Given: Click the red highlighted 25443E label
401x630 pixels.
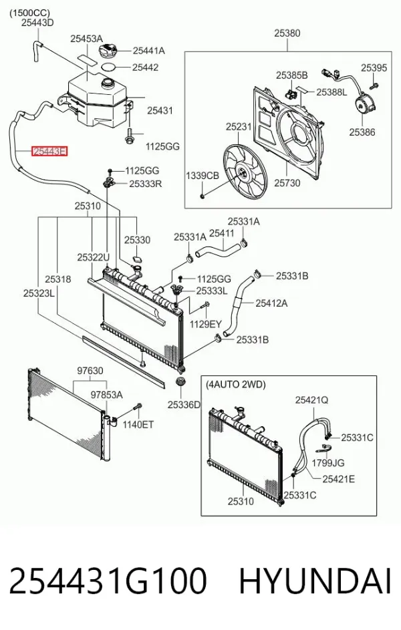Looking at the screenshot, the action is (50, 152).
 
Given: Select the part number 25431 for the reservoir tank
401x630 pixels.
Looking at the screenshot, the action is (160, 110).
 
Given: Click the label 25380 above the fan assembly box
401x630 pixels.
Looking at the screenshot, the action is (287, 33).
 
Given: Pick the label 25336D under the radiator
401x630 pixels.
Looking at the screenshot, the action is (184, 405).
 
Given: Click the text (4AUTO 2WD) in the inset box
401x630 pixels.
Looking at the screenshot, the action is (235, 385).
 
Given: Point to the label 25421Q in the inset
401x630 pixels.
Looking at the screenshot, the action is (312, 400).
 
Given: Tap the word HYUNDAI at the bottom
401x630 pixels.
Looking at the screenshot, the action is (315, 581).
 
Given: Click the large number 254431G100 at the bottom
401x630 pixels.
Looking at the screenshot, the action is (108, 581).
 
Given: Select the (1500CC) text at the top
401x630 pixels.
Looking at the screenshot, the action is (29, 13).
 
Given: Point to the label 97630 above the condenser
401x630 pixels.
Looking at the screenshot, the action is (90, 371).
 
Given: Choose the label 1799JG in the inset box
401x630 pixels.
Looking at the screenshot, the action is (328, 463).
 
